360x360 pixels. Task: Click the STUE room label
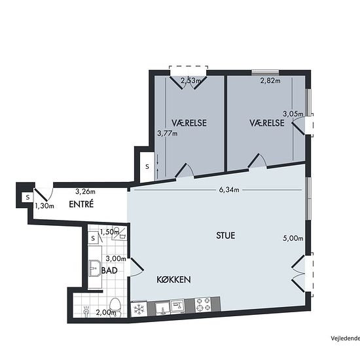225,236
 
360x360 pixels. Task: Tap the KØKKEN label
173,279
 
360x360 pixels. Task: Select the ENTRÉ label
82,204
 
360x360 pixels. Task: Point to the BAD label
109,270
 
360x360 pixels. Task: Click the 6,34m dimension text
229,190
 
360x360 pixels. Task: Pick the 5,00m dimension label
293,238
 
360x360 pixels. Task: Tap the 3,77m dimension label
168,133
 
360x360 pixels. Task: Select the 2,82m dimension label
270,81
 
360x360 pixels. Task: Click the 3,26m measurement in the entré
85,192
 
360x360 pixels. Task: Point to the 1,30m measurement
45,206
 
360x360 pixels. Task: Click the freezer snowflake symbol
139,309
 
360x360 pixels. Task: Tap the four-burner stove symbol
204,304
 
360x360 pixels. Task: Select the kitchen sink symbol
162,308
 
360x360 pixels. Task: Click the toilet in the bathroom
115,307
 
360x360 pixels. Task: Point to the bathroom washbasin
95,268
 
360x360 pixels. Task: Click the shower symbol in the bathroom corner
86,312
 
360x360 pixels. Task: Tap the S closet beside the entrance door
27,197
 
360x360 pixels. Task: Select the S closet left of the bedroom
147,167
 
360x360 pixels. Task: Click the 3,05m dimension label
293,114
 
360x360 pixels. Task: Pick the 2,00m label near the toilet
106,312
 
